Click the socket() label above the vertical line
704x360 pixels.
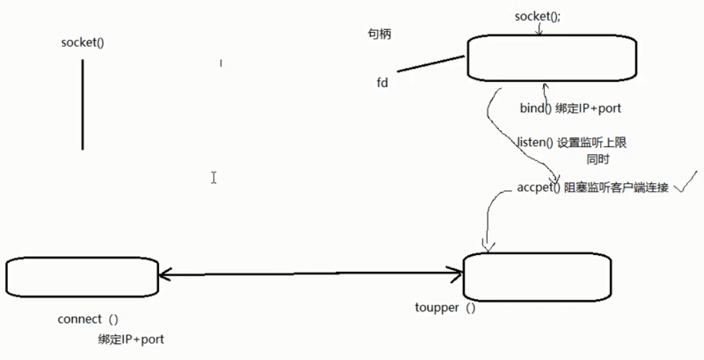82,43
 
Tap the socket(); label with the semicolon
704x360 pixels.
538,16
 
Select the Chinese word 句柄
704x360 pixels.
379,34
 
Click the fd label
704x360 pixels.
382,83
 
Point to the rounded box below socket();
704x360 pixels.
551,58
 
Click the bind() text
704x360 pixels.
536,108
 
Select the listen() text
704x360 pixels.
534,143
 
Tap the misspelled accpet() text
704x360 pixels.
538,188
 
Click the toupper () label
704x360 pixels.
445,307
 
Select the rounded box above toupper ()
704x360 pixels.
537,275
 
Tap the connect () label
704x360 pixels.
88,319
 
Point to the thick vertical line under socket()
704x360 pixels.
82,105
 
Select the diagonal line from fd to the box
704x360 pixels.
431,64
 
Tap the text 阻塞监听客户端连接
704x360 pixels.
616,188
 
